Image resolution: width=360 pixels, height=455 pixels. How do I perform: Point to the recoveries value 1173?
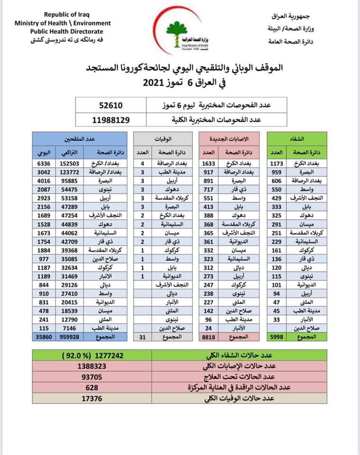point(277,164)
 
